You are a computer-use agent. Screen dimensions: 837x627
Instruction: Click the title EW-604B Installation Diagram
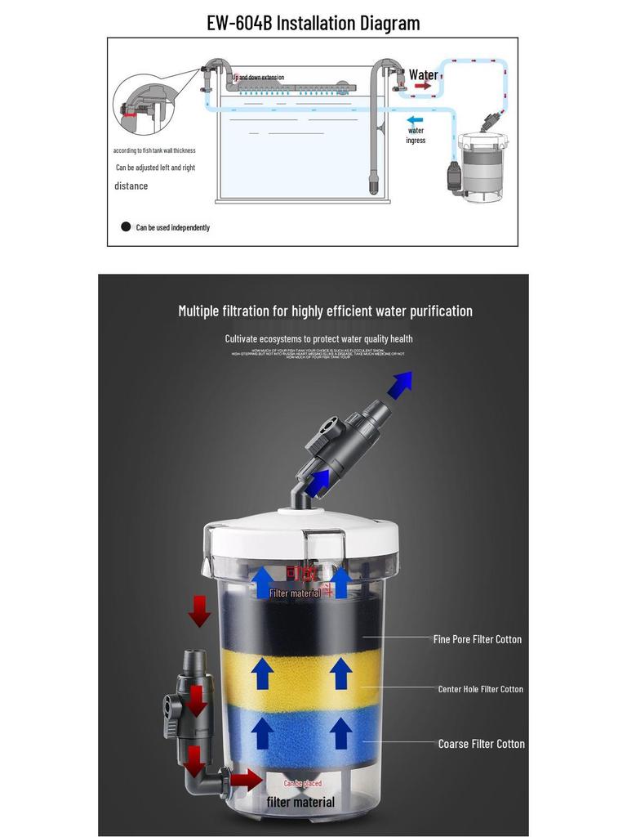coord(313,22)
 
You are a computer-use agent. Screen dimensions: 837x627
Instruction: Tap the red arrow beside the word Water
coord(422,86)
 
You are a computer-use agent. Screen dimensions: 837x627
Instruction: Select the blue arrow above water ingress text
coord(416,119)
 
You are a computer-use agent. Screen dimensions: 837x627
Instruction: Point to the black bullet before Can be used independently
coord(126,226)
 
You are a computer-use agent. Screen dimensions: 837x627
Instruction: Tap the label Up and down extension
coord(259,78)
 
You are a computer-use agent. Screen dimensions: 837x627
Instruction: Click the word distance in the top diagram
coord(131,186)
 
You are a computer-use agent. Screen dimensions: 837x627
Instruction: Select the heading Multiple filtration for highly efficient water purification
coord(325,311)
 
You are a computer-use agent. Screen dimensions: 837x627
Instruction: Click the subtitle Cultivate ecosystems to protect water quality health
coord(318,338)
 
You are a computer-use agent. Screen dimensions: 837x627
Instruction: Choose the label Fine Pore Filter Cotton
coord(477,639)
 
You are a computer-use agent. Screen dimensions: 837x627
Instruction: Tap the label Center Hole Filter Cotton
coord(480,689)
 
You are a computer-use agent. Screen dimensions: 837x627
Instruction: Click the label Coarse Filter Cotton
coord(481,744)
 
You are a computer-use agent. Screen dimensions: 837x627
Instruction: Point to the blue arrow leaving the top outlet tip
coord(399,383)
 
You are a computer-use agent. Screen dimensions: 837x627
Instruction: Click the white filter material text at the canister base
coord(300,802)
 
